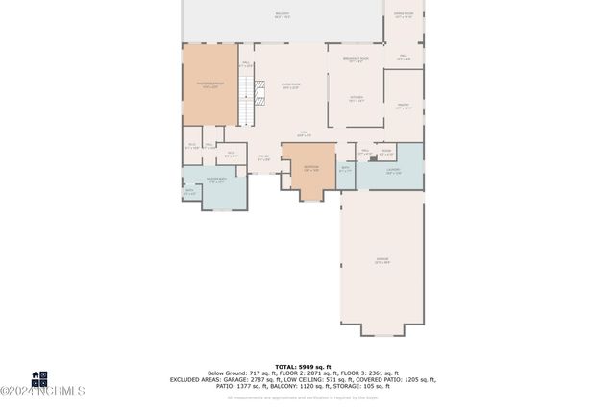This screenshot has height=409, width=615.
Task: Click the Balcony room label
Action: (x=282, y=15)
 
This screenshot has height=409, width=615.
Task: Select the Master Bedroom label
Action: (x=209, y=84)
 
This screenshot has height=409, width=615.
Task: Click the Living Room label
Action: (x=289, y=87)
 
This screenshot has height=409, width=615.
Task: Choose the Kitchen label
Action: (x=356, y=98)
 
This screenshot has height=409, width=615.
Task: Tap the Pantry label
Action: (x=404, y=108)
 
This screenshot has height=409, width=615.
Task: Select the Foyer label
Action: (x=263, y=159)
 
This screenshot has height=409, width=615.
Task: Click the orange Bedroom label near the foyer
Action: (x=310, y=169)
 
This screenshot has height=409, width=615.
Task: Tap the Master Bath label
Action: (x=217, y=180)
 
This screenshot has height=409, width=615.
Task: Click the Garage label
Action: (x=381, y=260)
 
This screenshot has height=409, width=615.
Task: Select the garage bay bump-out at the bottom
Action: (x=381, y=329)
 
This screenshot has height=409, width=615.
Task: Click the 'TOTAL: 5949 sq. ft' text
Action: (x=302, y=367)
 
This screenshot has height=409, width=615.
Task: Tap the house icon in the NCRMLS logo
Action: (x=40, y=378)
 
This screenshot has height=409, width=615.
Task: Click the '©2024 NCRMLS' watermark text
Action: (x=42, y=391)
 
